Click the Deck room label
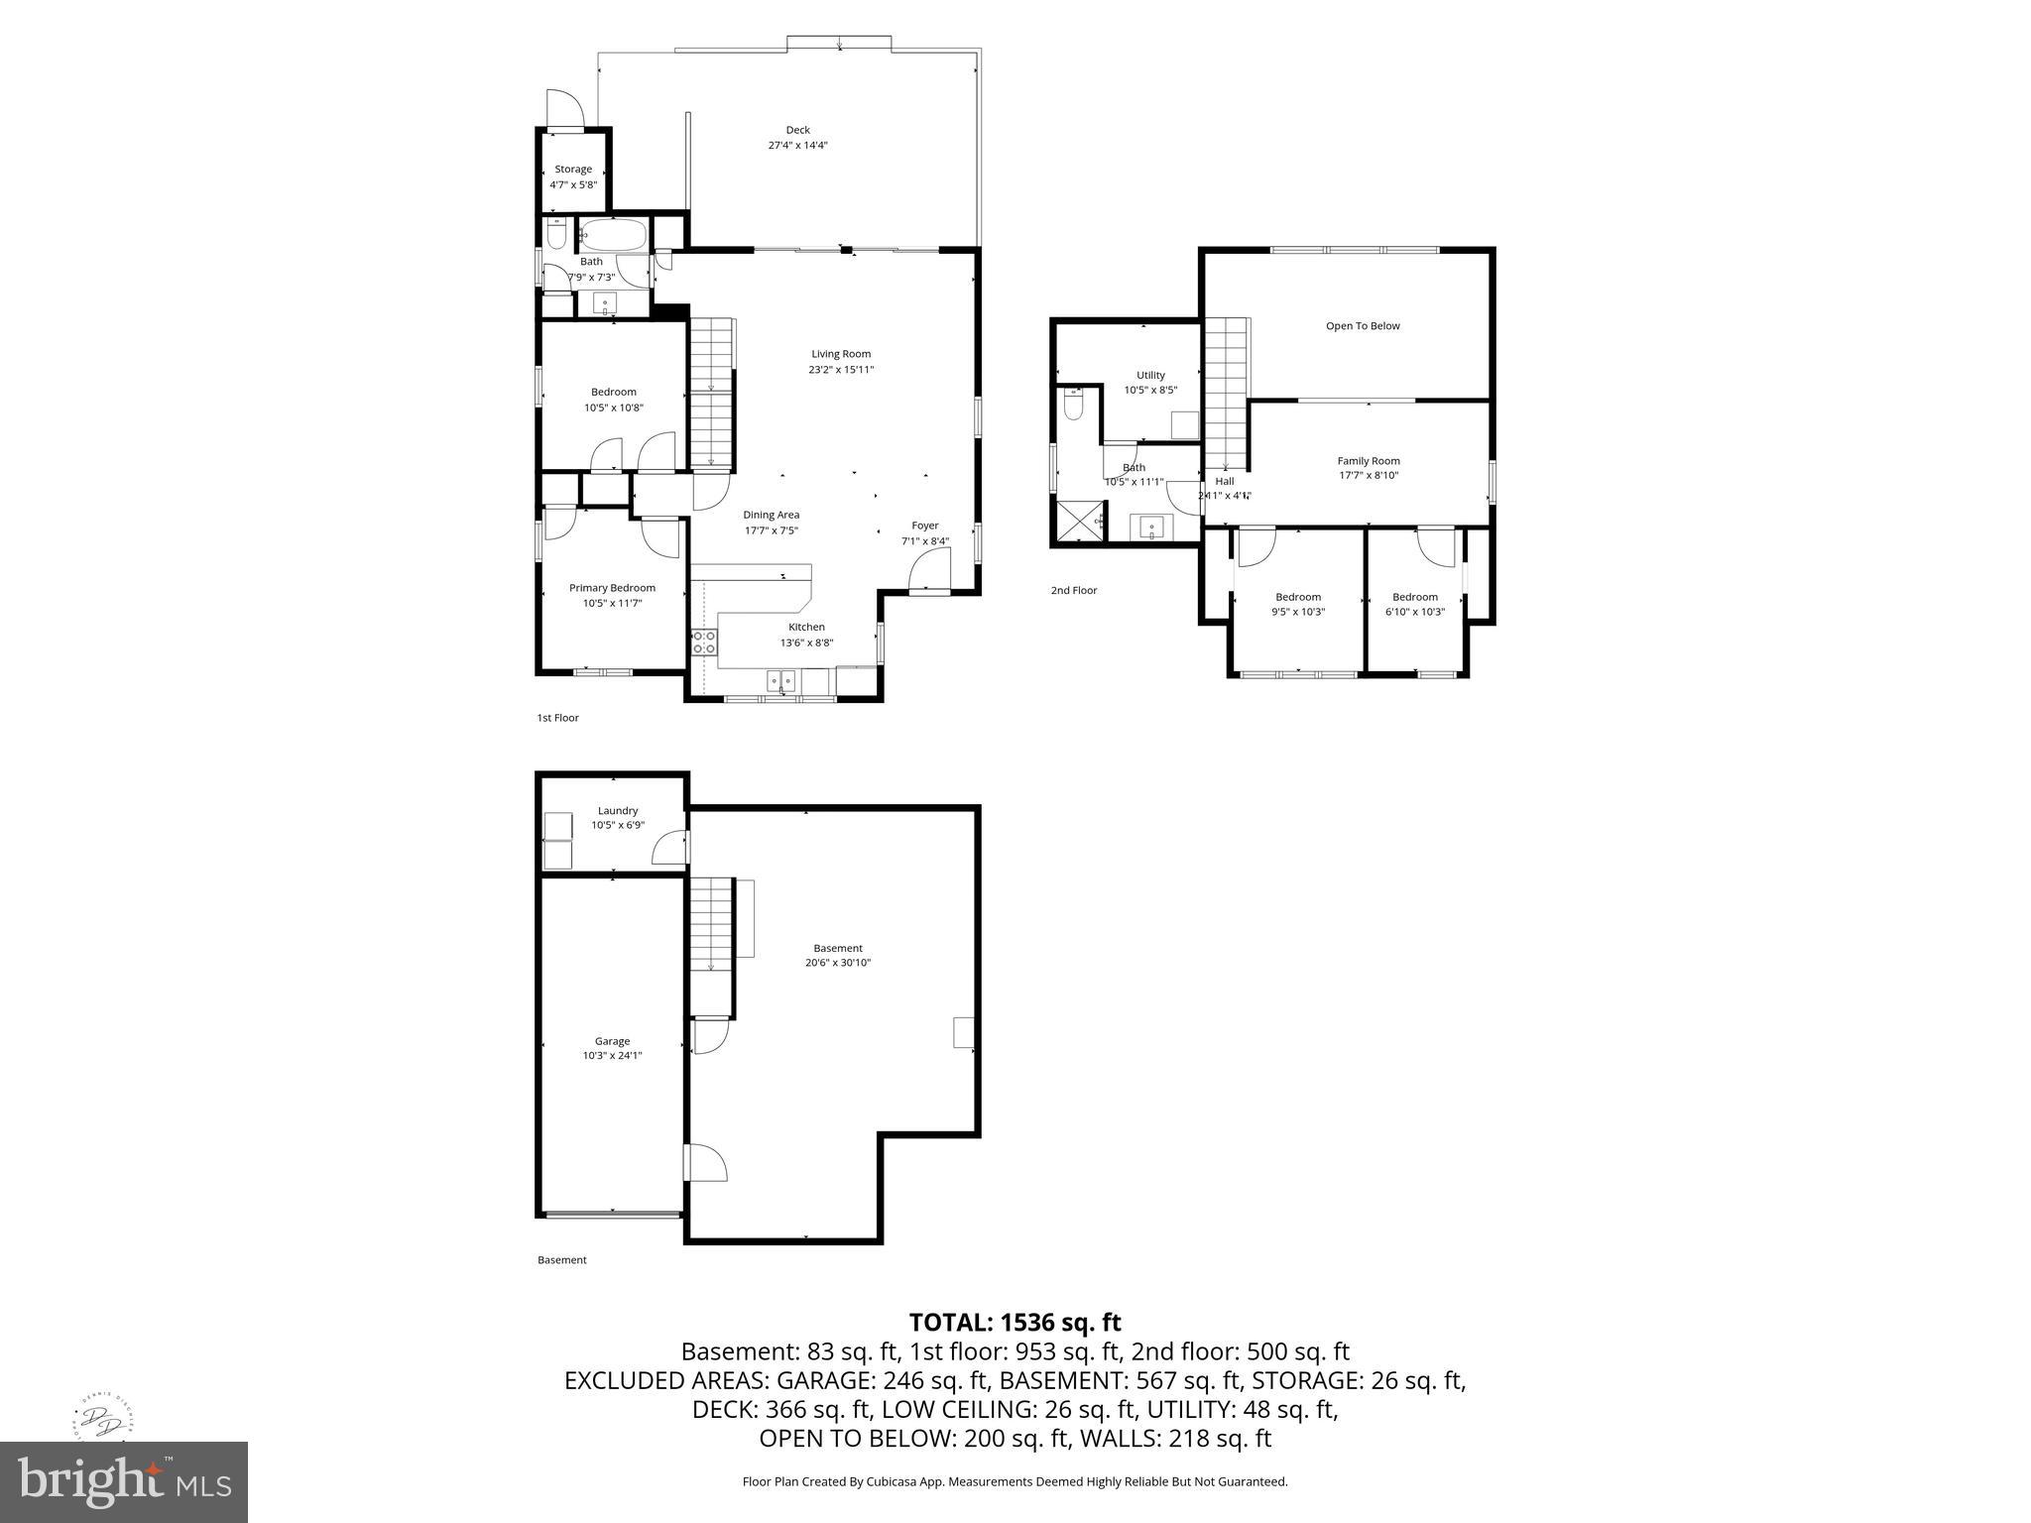pyautogui.click(x=797, y=130)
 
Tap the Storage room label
pyautogui.click(x=573, y=170)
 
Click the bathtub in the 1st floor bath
pyautogui.click(x=613, y=236)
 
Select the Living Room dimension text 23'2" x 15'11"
pyautogui.click(x=841, y=370)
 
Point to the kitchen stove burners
pyautogui.click(x=704, y=642)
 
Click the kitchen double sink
pyautogui.click(x=780, y=681)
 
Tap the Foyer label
pyautogui.click(x=924, y=526)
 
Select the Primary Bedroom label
pyautogui.click(x=612, y=588)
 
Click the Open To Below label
pyautogui.click(x=1363, y=326)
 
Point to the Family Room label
pyautogui.click(x=1369, y=461)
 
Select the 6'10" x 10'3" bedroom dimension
pyautogui.click(x=1414, y=612)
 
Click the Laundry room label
pyautogui.click(x=618, y=811)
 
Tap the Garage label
pyautogui.click(x=612, y=1041)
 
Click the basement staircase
pyautogui.click(x=711, y=924)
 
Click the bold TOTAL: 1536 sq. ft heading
pyautogui.click(x=1015, y=1322)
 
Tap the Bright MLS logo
pyautogui.click(x=124, y=1481)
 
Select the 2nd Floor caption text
pyautogui.click(x=1074, y=590)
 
